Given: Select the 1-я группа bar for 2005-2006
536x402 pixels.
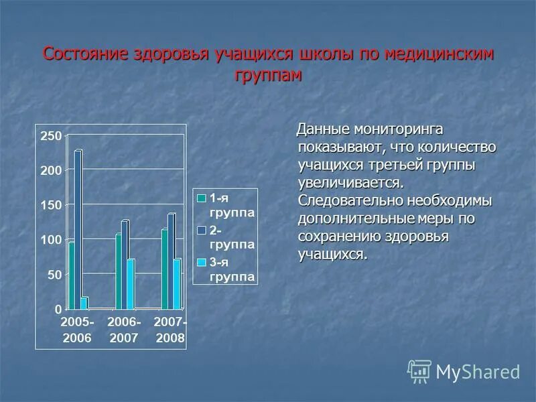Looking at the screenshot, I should pyautogui.click(x=71, y=275).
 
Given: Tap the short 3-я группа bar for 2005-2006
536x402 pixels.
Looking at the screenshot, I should pyautogui.click(x=84, y=303).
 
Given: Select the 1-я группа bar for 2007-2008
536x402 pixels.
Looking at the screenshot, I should pyautogui.click(x=165, y=269).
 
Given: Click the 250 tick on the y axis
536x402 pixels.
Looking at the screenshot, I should pyautogui.click(x=51, y=136).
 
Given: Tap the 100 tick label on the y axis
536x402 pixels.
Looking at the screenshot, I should pyautogui.click(x=51, y=240).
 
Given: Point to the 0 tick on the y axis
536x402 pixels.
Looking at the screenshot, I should pyautogui.click(x=58, y=310).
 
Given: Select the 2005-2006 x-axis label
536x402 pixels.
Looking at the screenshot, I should pyautogui.click(x=77, y=330).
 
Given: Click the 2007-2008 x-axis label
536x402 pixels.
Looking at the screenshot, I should pyautogui.click(x=170, y=330).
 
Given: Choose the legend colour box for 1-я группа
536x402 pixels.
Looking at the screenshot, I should pyautogui.click(x=200, y=198).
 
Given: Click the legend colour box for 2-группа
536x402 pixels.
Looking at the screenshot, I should pyautogui.click(x=200, y=230).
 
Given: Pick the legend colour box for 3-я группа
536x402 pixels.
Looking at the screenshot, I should pyautogui.click(x=200, y=262).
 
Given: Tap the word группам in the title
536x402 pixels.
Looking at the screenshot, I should pyautogui.click(x=268, y=74).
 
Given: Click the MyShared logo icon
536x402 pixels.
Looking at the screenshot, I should pyautogui.click(x=419, y=371).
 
